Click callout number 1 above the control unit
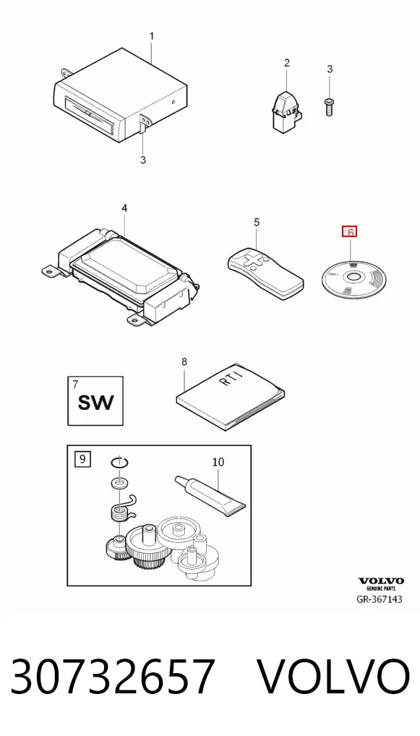click(x=152, y=36)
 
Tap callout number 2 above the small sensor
click(x=287, y=62)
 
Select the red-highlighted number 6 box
click(x=350, y=232)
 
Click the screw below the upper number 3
click(x=330, y=106)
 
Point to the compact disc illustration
click(x=353, y=281)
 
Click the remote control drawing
click(x=265, y=273)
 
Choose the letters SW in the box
click(x=95, y=403)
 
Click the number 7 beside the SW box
click(x=76, y=385)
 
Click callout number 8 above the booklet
click(x=184, y=361)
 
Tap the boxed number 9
click(x=82, y=458)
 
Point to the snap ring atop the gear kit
click(x=120, y=463)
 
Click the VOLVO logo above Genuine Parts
click(x=381, y=581)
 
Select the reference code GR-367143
click(x=380, y=599)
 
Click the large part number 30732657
click(x=113, y=677)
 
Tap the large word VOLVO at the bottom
click(x=334, y=677)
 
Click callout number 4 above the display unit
click(x=124, y=207)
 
